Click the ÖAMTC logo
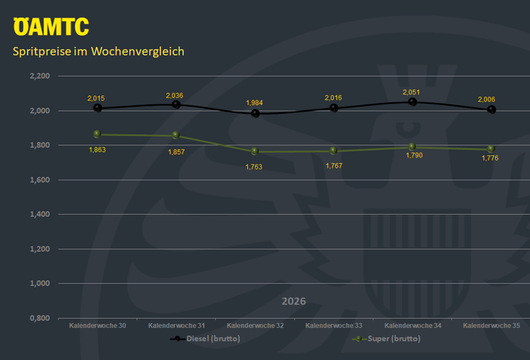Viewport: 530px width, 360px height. click(51, 26)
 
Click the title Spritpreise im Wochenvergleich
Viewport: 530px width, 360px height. click(98, 52)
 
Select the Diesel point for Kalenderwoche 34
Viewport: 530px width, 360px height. click(412, 102)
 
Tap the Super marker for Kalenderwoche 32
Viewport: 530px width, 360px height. click(255, 151)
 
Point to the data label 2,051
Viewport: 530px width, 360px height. click(411, 92)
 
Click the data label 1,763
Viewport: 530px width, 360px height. click(254, 167)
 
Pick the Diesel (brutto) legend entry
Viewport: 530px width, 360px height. click(205, 339)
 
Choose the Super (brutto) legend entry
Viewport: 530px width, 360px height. click(386, 339)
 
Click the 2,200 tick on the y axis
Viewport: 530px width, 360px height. click(40, 76)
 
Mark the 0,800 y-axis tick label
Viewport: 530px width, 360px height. click(40, 318)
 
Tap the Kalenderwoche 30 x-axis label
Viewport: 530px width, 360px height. click(97, 326)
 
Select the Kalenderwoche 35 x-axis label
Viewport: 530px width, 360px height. click(491, 326)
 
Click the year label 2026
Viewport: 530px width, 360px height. click(294, 301)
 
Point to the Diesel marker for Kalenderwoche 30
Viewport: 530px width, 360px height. click(97, 108)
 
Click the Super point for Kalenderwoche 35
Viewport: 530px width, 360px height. click(491, 149)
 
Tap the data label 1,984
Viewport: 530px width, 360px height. click(254, 102)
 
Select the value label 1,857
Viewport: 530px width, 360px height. click(176, 152)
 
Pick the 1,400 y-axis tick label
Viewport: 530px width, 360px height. click(40, 214)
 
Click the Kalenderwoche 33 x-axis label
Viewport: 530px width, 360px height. click(334, 326)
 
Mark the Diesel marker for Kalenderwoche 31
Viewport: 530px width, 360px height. click(176, 104)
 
